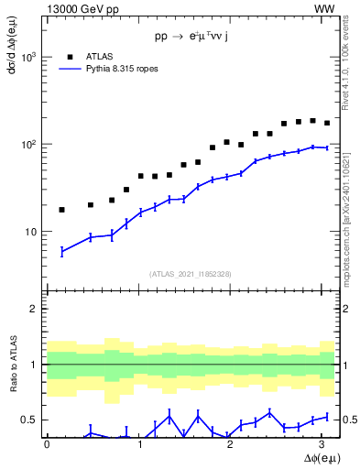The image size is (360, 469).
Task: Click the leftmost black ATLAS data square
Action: click(x=61, y=210)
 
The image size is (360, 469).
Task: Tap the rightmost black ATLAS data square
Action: click(x=327, y=123)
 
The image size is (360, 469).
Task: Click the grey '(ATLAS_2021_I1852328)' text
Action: click(x=190, y=274)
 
